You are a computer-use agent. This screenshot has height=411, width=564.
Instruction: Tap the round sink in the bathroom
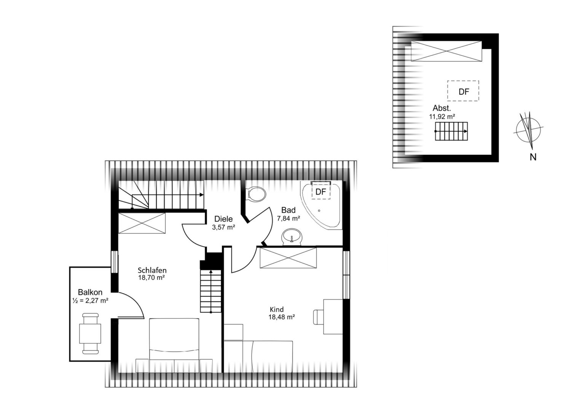292,236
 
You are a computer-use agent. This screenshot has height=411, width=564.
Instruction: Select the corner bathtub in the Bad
321,205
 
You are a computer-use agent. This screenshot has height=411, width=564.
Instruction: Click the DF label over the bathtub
321,192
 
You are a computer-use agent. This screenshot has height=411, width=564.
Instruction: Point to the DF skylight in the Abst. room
463,91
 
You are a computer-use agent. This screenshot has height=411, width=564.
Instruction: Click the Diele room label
223,219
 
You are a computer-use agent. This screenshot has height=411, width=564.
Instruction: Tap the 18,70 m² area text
151,278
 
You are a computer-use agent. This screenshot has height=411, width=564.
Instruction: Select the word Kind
277,309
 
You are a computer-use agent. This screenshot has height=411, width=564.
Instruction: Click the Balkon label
90,292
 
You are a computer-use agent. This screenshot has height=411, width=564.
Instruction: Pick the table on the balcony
90,334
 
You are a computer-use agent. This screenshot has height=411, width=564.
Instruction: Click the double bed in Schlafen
174,346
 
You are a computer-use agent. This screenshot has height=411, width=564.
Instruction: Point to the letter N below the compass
533,157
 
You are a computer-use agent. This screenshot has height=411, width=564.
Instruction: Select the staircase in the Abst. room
451,131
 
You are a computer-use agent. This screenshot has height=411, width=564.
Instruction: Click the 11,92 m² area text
442,116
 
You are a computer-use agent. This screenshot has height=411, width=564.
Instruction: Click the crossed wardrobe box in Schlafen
142,223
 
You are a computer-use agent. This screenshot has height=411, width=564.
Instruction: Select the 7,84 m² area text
288,218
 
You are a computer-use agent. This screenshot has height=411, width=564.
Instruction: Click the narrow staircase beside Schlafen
211,291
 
